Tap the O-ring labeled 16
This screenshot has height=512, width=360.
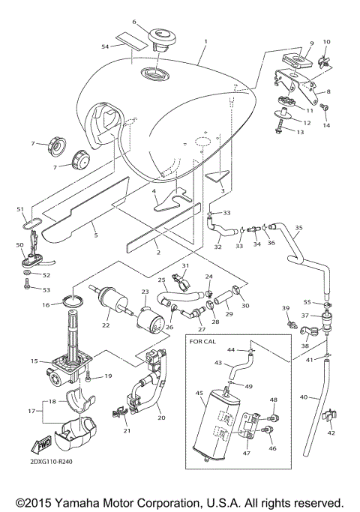(71, 302)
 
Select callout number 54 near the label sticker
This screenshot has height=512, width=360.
(106, 46)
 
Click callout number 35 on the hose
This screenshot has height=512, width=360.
(298, 227)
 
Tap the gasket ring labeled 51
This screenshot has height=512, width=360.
(29, 223)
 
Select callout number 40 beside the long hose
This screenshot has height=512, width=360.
(304, 397)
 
